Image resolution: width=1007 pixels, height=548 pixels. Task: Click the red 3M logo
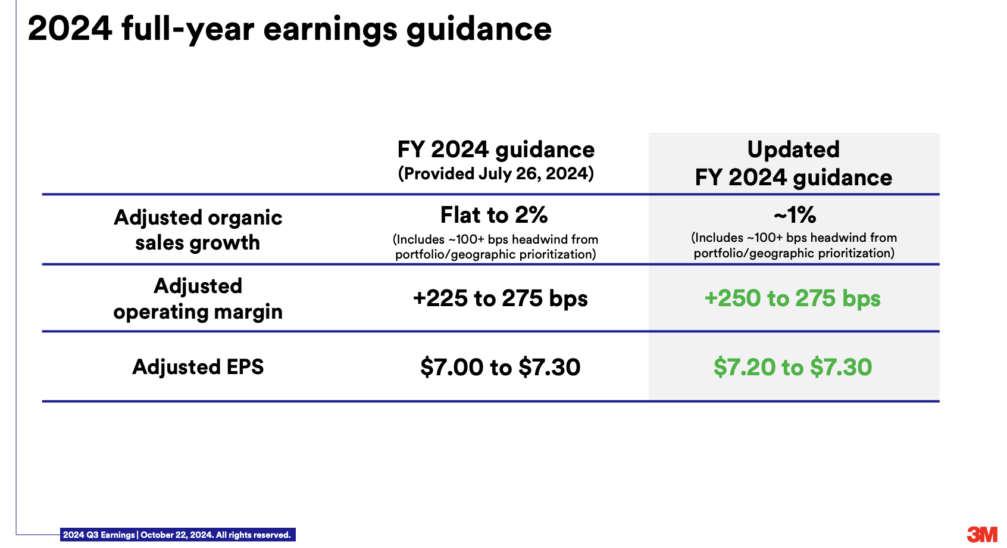[x=982, y=534]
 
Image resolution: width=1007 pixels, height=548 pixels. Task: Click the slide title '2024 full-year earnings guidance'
[x=289, y=29]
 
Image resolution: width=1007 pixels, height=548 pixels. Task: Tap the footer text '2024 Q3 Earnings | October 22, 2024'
[x=137, y=535]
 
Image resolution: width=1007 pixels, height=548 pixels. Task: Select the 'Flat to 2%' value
[x=493, y=214]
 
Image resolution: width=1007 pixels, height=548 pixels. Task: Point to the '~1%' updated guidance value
[x=795, y=215]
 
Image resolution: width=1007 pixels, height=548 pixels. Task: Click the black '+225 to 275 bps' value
[x=500, y=298]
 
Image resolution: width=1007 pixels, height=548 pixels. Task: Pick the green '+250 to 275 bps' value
[x=792, y=298]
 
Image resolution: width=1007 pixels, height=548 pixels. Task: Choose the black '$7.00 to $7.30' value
[x=500, y=367]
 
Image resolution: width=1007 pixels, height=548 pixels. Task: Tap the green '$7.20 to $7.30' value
[x=793, y=367]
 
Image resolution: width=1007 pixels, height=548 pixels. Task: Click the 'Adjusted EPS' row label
[x=198, y=367]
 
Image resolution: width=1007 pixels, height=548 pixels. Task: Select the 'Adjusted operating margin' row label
[x=198, y=299]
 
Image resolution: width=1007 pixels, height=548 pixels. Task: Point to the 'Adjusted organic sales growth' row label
[x=198, y=230]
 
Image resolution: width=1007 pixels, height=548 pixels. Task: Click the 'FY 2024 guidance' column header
[x=496, y=150]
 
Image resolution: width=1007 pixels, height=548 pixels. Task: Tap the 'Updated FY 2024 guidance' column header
[x=793, y=163]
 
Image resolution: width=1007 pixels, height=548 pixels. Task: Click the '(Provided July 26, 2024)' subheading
[x=496, y=174]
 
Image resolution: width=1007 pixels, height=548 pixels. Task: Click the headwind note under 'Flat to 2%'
[x=495, y=247]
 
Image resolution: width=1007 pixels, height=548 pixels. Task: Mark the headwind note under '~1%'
[x=794, y=245]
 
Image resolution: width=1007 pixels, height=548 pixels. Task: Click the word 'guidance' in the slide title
[x=479, y=30]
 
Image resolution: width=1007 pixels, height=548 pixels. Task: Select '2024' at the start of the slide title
[x=70, y=29]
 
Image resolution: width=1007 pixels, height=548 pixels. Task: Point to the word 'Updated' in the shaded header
[x=793, y=150]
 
